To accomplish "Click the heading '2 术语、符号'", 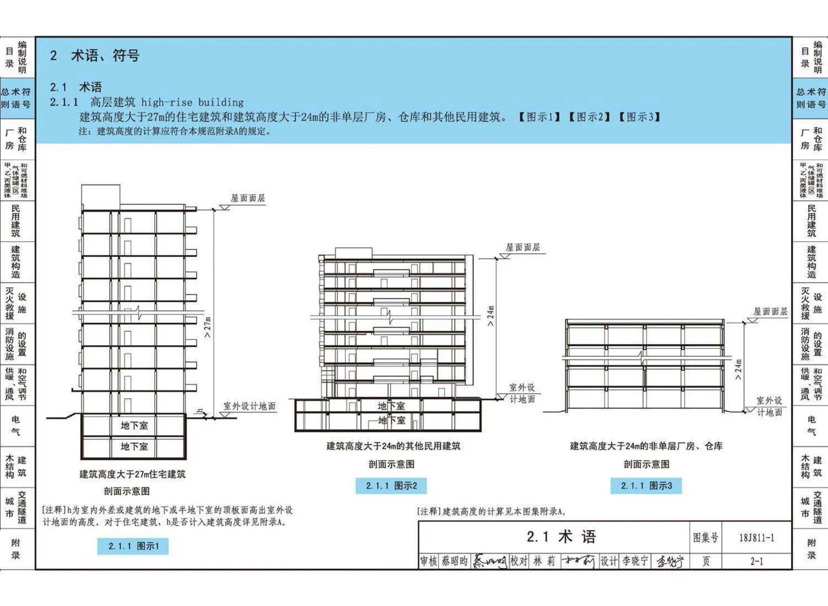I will click(95, 55).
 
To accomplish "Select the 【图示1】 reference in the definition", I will click(539, 117).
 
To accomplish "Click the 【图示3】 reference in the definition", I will click(639, 117).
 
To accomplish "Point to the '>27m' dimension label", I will click(207, 327).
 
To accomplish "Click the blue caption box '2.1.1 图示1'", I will click(133, 546).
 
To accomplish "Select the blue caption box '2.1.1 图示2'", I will click(391, 486).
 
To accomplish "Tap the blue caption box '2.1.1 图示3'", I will click(646, 486).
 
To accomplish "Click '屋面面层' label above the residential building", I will click(248, 198).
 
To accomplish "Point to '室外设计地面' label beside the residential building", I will click(249, 406).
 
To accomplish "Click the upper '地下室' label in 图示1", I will click(134, 426).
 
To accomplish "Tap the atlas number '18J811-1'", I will click(756, 538).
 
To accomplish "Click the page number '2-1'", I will click(756, 561).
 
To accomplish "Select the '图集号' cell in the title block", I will click(705, 538).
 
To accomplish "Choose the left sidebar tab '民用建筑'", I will click(15, 221).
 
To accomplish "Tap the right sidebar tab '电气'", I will click(811, 426).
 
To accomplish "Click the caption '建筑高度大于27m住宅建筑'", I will click(133, 474).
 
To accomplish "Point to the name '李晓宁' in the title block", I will click(635, 561).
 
